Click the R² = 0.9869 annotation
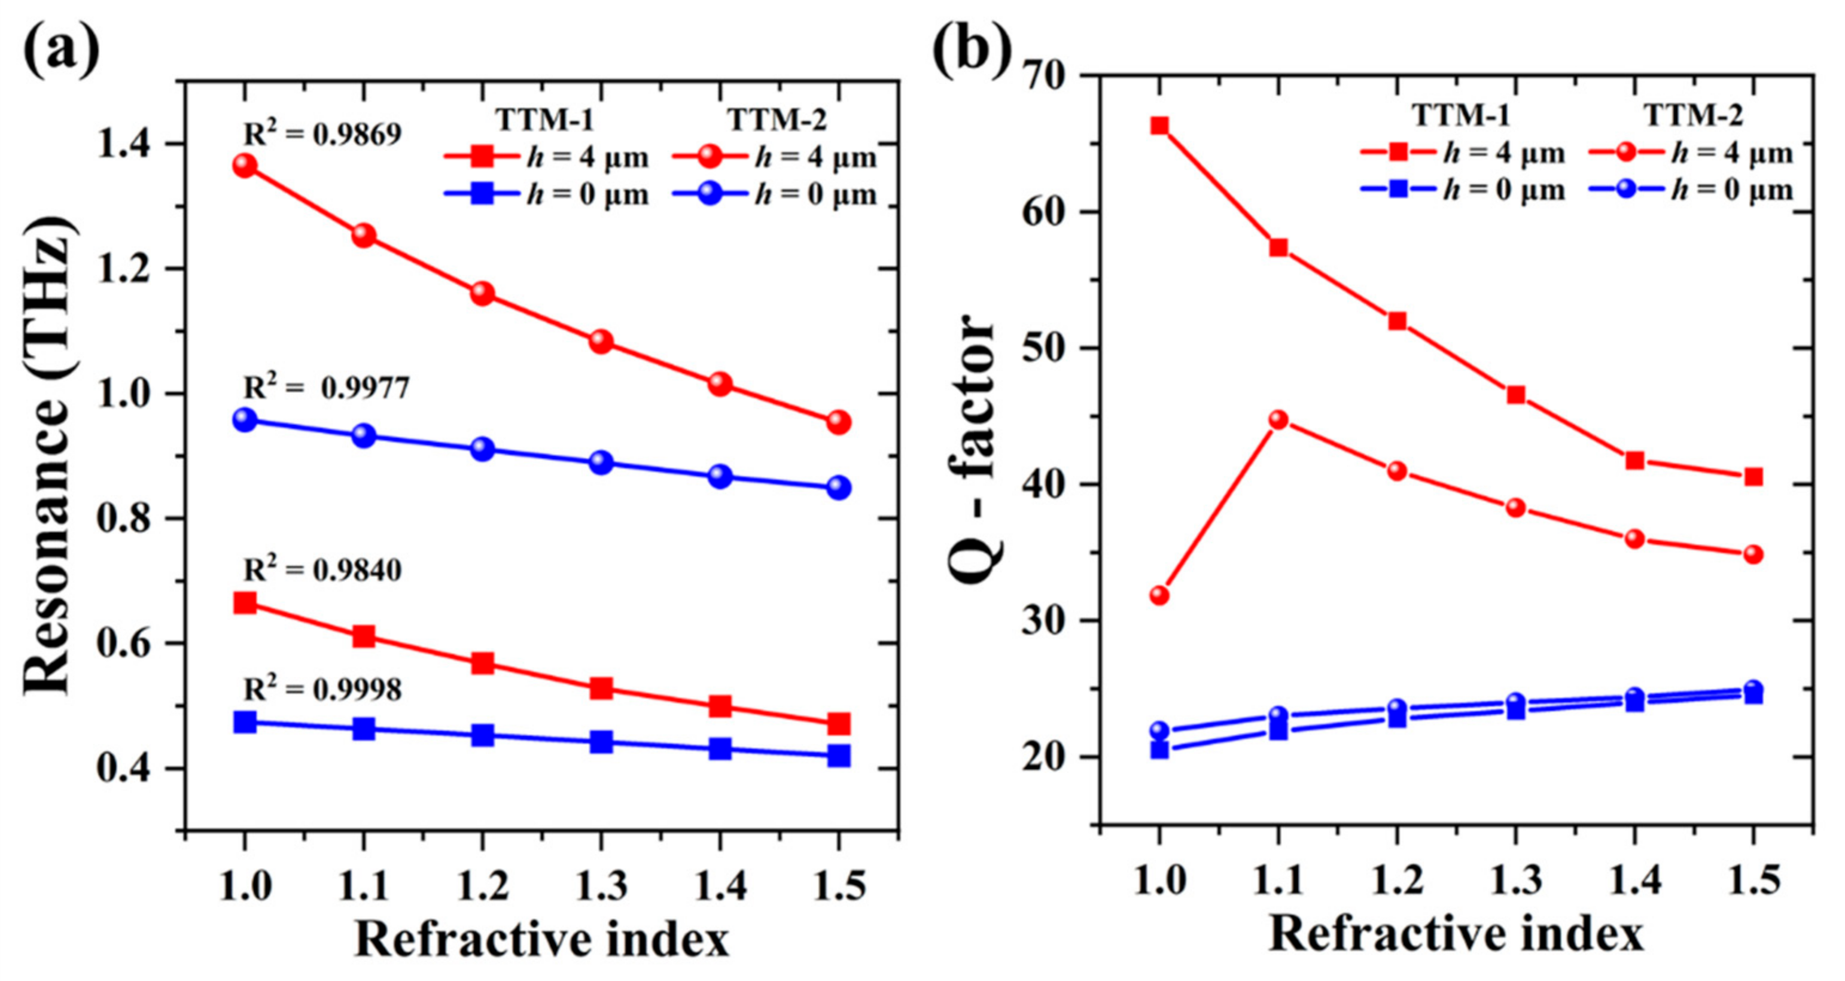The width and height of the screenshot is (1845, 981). pos(322,133)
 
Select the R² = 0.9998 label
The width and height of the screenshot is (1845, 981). pos(322,689)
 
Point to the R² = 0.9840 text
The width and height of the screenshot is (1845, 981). pos(322,570)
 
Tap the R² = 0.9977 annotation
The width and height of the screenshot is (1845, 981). pos(327,388)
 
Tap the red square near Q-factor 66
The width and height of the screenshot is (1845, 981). pos(1159,127)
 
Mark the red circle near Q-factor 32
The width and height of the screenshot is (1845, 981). pos(1159,595)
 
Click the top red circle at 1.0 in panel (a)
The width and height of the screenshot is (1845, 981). pos(245,166)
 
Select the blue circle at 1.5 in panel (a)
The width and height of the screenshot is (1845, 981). pos(839,488)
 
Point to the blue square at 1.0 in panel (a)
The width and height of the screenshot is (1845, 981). pos(245,722)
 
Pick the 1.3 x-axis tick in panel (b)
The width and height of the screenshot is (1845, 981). pos(1515,879)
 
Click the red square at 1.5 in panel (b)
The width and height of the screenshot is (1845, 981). pos(1753,477)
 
